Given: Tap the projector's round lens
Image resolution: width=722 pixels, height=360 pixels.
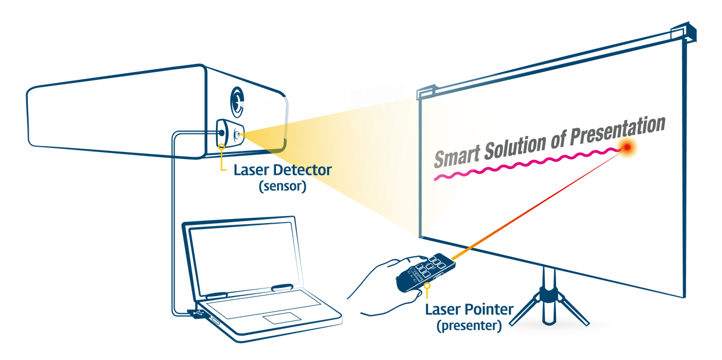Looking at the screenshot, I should click(236, 101).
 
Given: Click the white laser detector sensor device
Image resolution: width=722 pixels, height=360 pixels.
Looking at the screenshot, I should click(229, 134).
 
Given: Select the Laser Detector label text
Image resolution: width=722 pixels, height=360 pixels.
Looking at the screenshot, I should click(282, 171).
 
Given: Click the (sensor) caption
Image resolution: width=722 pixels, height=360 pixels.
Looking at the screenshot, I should click(282, 187).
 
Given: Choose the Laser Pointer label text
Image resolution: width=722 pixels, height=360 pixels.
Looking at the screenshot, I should click(469, 309).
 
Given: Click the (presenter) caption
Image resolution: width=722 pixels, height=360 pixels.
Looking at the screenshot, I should click(469, 326).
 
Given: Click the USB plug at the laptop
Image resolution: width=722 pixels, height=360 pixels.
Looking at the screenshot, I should click(198, 313).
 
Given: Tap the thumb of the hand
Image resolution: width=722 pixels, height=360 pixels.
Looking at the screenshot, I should click(407, 260).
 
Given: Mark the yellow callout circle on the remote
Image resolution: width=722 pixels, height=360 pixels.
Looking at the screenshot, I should click(428, 285).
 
